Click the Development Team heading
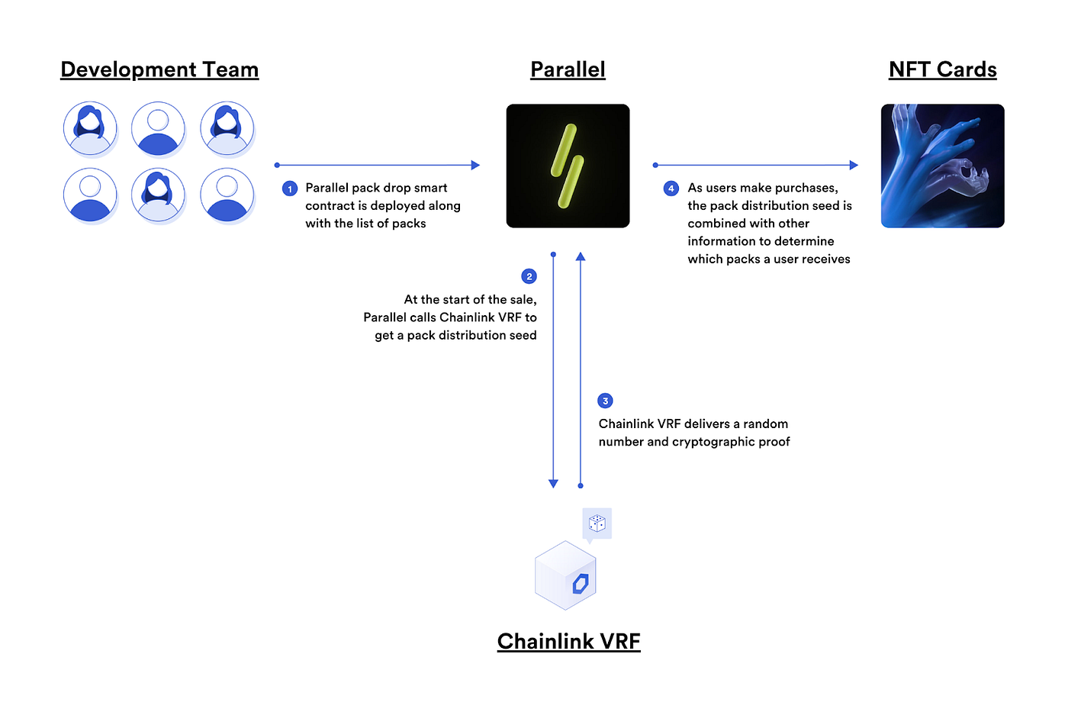[159, 69]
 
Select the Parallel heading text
[568, 69]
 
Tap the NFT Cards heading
[942, 69]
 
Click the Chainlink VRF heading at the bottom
[568, 641]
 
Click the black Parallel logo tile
[568, 166]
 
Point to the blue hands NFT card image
[942, 166]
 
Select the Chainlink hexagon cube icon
[565, 575]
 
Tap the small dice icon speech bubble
[597, 524]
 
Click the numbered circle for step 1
[290, 188]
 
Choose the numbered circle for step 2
[529, 276]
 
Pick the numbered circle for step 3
[605, 401]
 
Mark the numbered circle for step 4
[671, 188]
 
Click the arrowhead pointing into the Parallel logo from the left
[475, 165]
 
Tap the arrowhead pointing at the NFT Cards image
[854, 165]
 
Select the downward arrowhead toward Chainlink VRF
[553, 483]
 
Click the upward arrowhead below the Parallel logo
[581, 257]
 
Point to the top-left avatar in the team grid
[90, 129]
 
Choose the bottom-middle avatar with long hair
[158, 195]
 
